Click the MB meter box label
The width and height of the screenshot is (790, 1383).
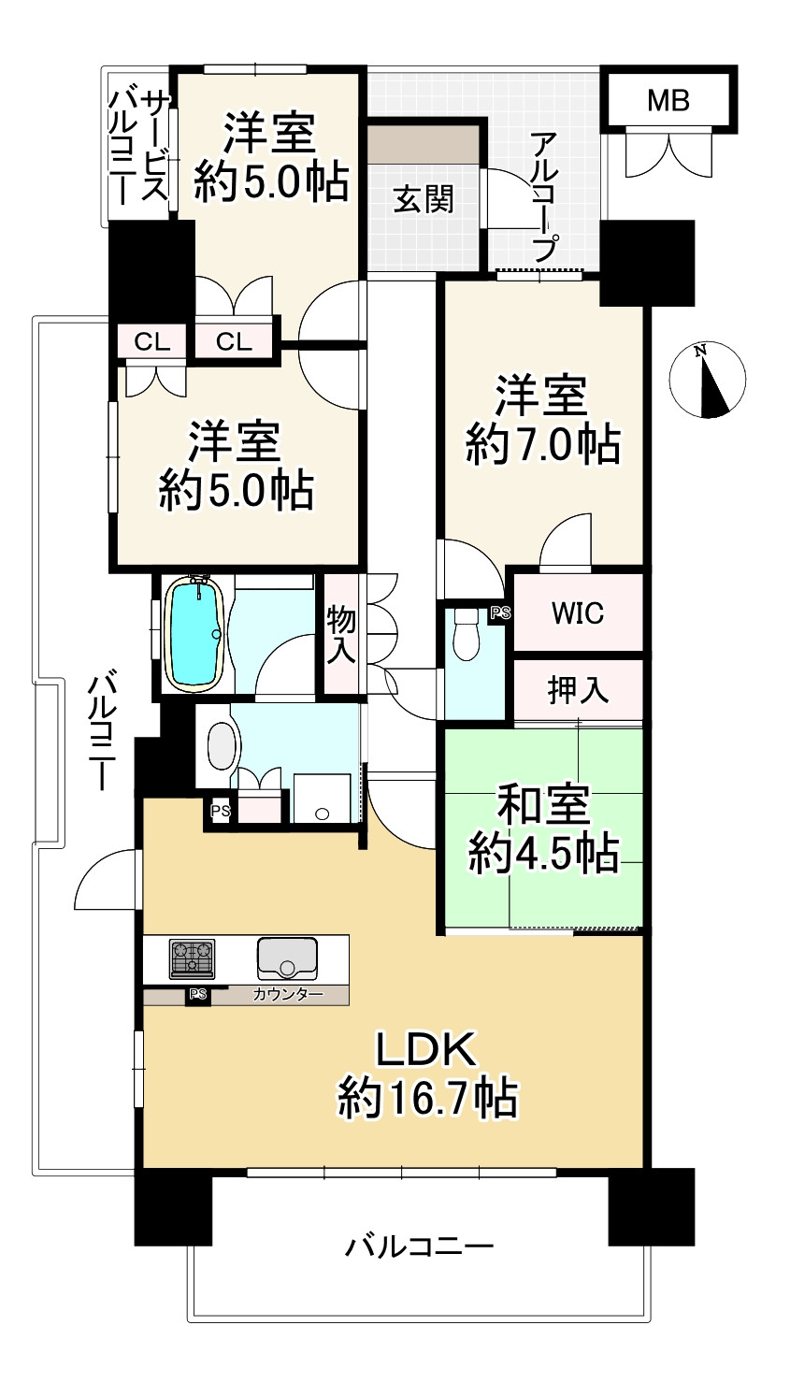pos(668,100)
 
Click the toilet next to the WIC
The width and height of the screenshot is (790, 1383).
pos(466,634)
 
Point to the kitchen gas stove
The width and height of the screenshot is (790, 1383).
pos(193,958)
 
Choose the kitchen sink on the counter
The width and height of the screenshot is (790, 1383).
pos(287,958)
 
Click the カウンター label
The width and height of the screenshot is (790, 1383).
pos(288,994)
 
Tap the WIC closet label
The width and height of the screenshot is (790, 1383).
pos(578,613)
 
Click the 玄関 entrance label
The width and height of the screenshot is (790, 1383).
pos(424,199)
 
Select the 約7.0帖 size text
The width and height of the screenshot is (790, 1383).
pos(542,444)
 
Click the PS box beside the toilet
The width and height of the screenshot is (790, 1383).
pos(500,613)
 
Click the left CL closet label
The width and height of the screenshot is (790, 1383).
pos(151,341)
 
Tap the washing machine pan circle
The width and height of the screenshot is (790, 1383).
pos(321,814)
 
